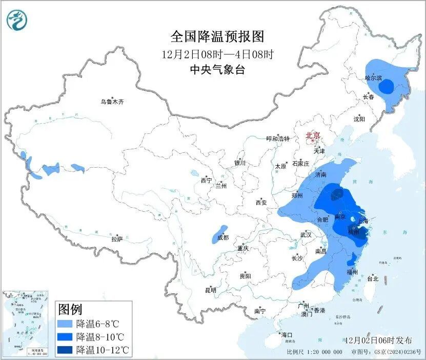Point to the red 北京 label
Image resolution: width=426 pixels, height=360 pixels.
click(x=313, y=135)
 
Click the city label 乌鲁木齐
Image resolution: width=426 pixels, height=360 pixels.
click(x=112, y=102)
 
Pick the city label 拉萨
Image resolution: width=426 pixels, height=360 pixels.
click(x=117, y=239)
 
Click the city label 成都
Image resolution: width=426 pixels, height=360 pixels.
click(x=222, y=237)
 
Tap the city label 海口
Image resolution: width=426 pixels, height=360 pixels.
click(x=287, y=335)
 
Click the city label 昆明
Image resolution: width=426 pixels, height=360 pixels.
click(x=211, y=290)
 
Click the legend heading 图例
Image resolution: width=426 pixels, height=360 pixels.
click(x=71, y=309)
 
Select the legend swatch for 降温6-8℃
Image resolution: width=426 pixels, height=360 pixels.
click(x=65, y=324)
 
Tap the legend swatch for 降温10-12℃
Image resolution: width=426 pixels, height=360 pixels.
click(x=65, y=350)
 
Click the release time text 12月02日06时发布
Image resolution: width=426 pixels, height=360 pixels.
click(x=378, y=341)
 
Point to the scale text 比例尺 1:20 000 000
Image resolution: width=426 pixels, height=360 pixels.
click(x=314, y=352)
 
